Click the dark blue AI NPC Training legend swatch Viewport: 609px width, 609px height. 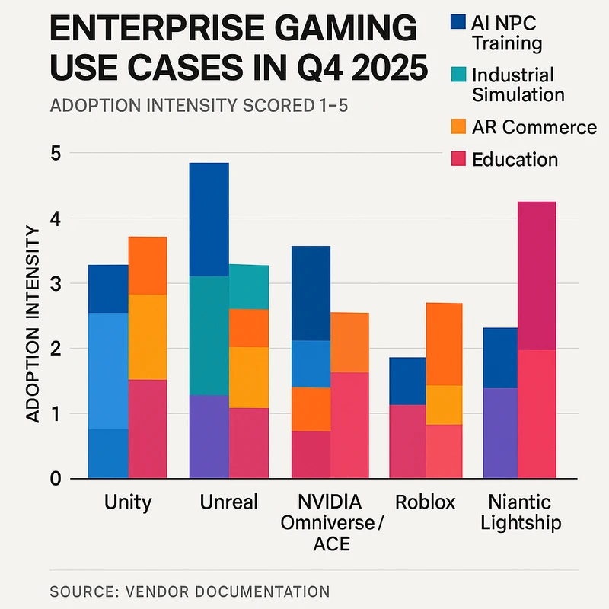pyautogui.click(x=457, y=21)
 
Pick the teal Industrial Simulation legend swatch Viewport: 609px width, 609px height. pyautogui.click(x=457, y=75)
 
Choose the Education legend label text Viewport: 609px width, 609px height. pyautogui.click(x=515, y=159)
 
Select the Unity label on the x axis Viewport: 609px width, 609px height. pyautogui.click(x=127, y=502)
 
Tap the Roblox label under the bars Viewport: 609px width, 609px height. pyautogui.click(x=425, y=502)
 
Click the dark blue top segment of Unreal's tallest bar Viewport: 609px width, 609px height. pyautogui.click(x=209, y=219)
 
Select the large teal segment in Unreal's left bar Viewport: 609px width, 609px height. pyautogui.click(x=209, y=335)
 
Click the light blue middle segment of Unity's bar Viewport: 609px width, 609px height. pyautogui.click(x=108, y=371)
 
